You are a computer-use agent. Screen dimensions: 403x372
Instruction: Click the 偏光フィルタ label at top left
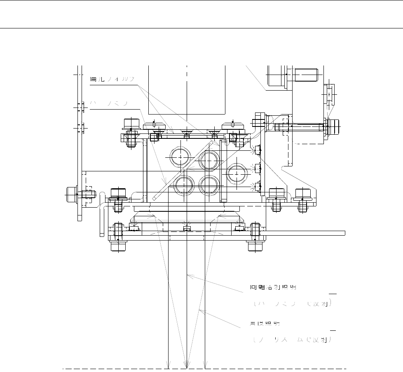[112, 80]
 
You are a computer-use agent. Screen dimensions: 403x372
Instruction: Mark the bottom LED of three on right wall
[258, 187]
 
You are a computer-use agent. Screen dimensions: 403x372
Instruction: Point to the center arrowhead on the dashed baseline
[187, 366]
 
